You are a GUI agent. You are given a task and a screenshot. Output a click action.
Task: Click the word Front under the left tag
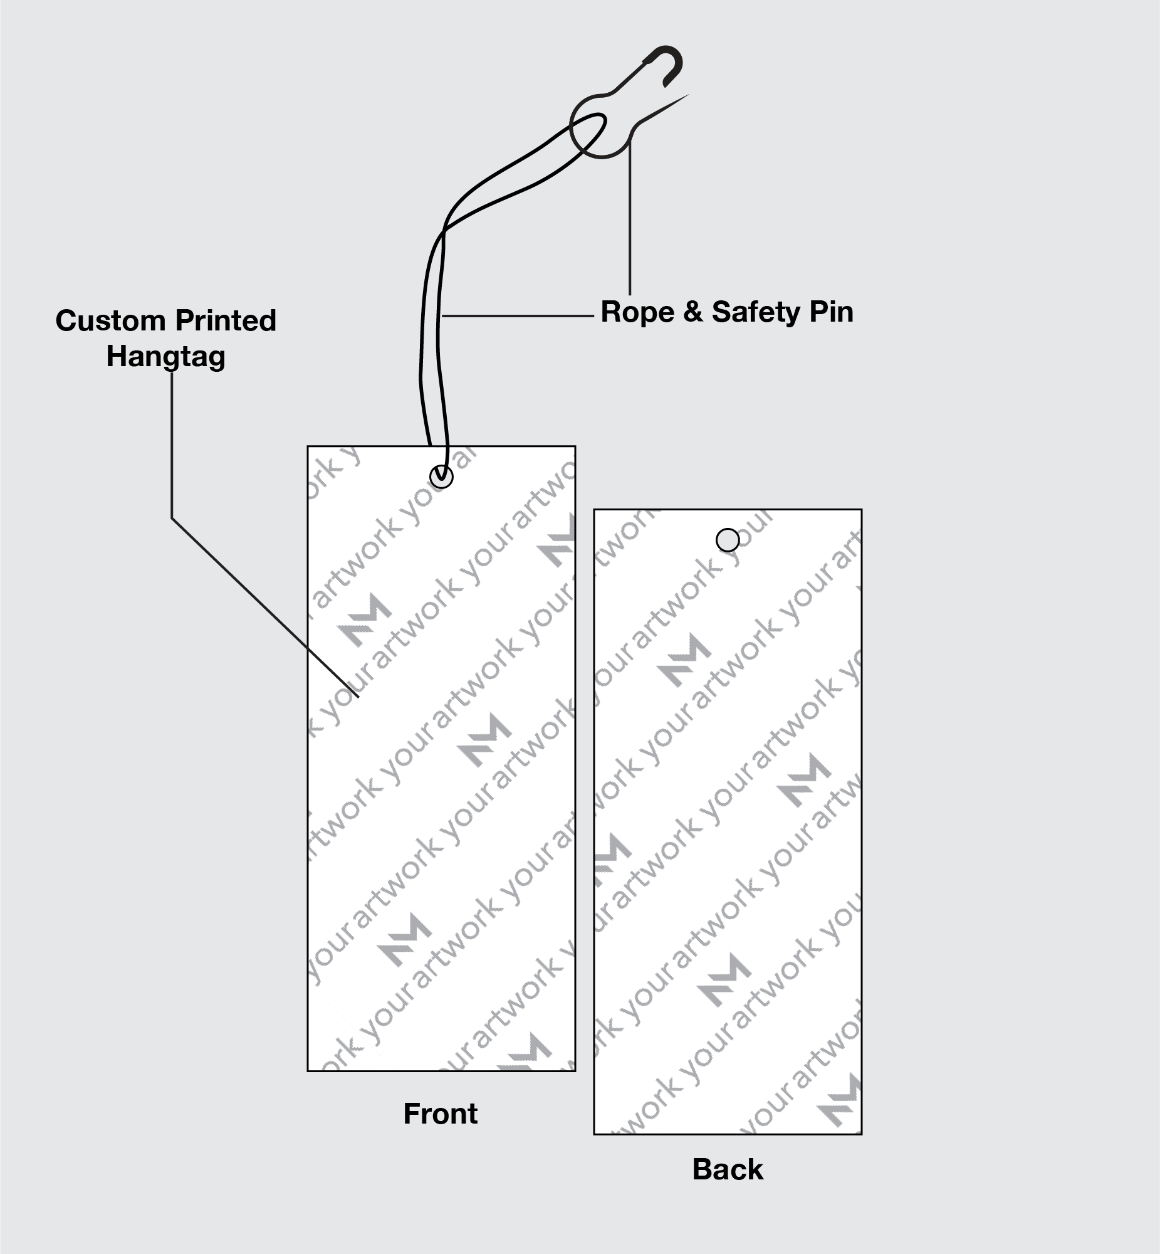[440, 1114]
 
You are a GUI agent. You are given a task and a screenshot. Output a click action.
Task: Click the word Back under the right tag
[728, 1169]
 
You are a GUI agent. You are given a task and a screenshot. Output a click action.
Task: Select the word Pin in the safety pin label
[831, 312]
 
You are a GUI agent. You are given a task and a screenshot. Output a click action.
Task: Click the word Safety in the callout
[755, 312]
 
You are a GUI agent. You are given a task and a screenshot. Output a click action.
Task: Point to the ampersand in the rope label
[693, 312]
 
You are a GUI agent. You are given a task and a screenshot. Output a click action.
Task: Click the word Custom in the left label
[110, 321]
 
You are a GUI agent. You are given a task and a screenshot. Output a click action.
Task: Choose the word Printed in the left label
[226, 321]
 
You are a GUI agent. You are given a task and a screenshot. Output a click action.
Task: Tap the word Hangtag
[165, 357]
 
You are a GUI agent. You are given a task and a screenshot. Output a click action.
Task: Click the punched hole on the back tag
[728, 539]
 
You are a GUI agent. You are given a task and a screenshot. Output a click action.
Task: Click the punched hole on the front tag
[441, 477]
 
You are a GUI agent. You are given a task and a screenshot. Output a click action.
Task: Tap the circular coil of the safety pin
[600, 125]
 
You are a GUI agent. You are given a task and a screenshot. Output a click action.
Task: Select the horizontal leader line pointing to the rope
[518, 315]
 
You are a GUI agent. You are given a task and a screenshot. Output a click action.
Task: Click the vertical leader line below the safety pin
[630, 220]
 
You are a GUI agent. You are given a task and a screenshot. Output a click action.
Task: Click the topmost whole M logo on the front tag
[364, 618]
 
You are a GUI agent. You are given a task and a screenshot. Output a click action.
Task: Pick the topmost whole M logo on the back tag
[684, 659]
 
